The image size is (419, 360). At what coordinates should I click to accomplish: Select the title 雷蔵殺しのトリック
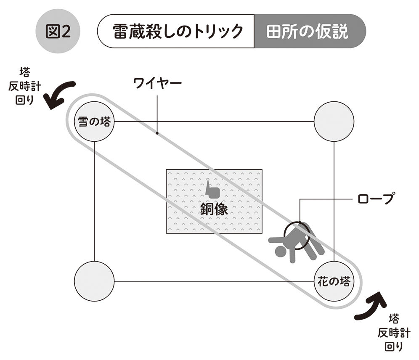(x=177, y=32)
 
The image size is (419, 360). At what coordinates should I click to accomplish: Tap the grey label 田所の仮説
(x=308, y=32)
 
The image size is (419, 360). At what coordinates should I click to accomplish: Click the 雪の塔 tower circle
(x=94, y=122)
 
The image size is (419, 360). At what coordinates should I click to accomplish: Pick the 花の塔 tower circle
(x=334, y=281)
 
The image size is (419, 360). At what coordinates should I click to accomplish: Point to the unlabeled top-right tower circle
(x=334, y=122)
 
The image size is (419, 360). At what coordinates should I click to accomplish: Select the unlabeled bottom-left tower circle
(x=94, y=281)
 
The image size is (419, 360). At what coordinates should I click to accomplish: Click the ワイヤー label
(x=157, y=83)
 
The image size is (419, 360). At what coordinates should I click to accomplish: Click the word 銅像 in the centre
(x=214, y=209)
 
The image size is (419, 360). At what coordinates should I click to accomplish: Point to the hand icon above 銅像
(x=212, y=189)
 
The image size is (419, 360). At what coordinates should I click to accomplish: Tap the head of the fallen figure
(x=280, y=252)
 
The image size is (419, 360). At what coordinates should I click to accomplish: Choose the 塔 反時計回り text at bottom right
(x=393, y=333)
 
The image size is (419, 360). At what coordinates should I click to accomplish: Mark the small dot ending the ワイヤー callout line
(x=157, y=134)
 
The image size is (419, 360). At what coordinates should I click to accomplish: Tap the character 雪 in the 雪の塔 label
(x=83, y=122)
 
